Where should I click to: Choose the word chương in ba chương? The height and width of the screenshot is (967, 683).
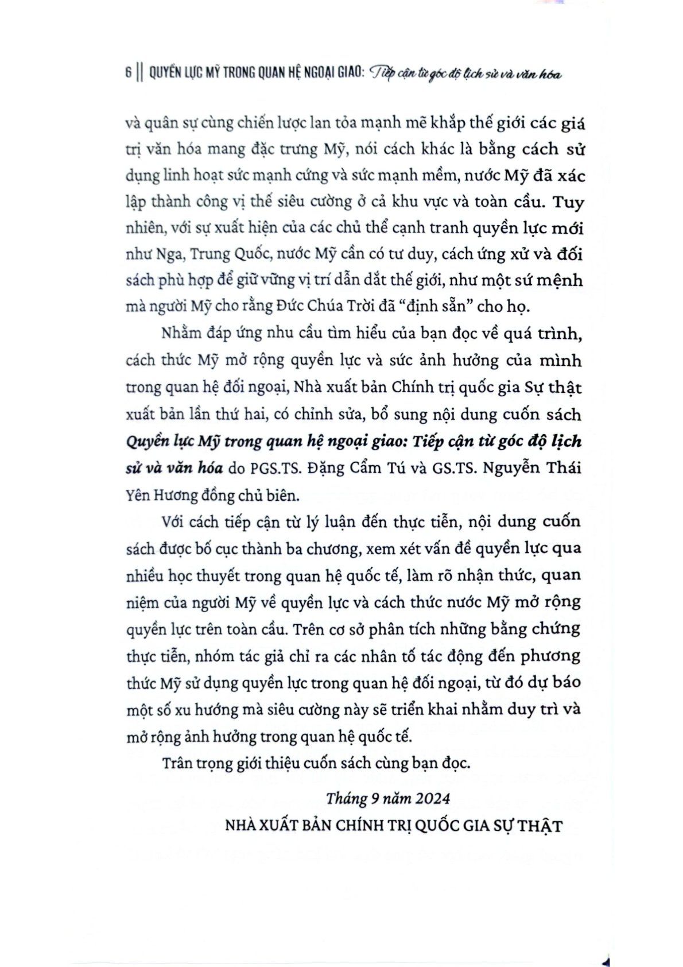pos(328,549)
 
